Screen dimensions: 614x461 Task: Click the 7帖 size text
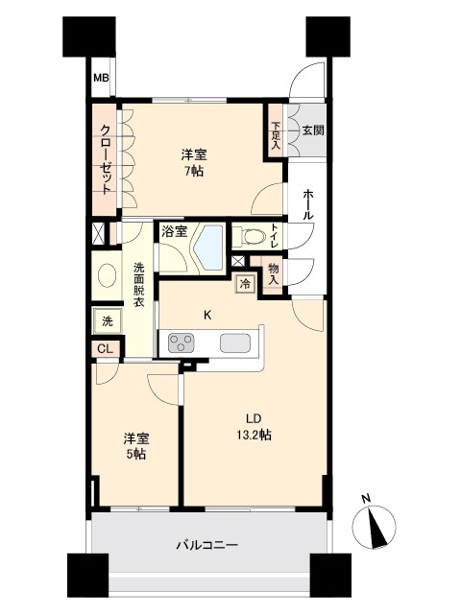(x=195, y=172)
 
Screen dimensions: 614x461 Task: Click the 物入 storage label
(x=275, y=273)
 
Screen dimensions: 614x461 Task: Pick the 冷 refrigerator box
(x=245, y=284)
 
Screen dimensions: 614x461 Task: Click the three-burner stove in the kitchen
(x=182, y=342)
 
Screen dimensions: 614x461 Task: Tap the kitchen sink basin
(x=236, y=342)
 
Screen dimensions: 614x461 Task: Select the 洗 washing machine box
(x=105, y=319)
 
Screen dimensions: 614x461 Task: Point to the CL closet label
(x=105, y=349)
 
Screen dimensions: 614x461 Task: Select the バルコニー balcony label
(x=207, y=545)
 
